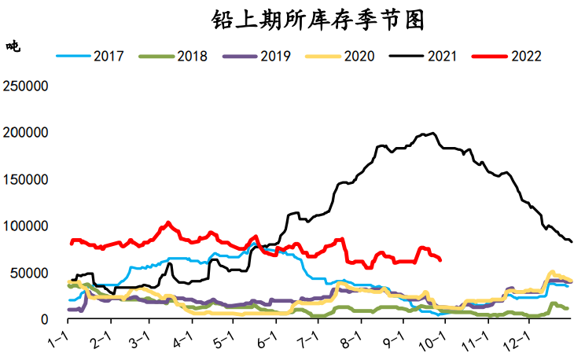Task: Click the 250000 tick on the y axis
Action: click(27, 86)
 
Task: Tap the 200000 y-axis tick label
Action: click(27, 132)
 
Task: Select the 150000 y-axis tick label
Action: click(27, 179)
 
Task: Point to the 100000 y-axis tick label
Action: click(27, 226)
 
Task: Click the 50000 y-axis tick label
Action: click(31, 273)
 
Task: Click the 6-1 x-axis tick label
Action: click(267, 340)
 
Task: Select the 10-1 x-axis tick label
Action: click(433, 341)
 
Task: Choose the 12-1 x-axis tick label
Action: click(518, 341)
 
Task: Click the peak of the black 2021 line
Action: click(434, 133)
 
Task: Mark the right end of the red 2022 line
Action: click(440, 259)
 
